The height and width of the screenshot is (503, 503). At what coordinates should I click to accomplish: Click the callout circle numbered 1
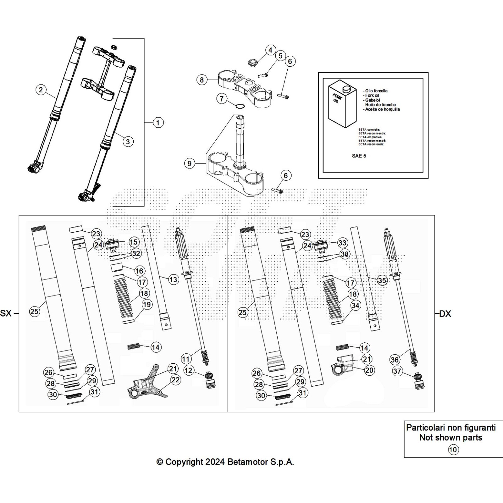tap(158, 123)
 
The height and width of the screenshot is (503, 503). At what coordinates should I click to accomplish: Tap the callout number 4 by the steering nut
tap(270, 50)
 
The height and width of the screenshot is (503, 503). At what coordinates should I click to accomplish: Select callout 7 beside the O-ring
tap(222, 99)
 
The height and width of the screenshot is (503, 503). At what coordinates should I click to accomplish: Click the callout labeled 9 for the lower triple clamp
tap(189, 163)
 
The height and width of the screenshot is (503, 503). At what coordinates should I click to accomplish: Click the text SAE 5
tap(359, 156)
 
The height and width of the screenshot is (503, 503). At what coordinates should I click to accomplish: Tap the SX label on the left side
tap(6, 313)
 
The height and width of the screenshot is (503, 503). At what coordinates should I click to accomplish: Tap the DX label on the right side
tap(445, 313)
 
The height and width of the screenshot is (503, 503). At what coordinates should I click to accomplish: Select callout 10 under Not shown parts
tap(453, 450)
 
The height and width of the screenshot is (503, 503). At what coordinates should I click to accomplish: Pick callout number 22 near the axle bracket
tap(175, 380)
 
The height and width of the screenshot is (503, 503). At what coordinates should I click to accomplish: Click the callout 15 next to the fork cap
tap(134, 242)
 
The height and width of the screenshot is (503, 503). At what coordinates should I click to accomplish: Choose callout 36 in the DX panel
tap(395, 359)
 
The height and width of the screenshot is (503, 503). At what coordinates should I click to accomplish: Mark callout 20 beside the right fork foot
tap(369, 370)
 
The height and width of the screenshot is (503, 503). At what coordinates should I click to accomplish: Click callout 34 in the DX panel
tap(355, 305)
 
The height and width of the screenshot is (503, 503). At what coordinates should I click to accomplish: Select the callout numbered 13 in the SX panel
tap(173, 279)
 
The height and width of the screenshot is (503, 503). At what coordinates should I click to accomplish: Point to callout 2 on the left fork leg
tap(41, 90)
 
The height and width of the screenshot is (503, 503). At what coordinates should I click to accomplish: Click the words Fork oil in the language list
tap(372, 95)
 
